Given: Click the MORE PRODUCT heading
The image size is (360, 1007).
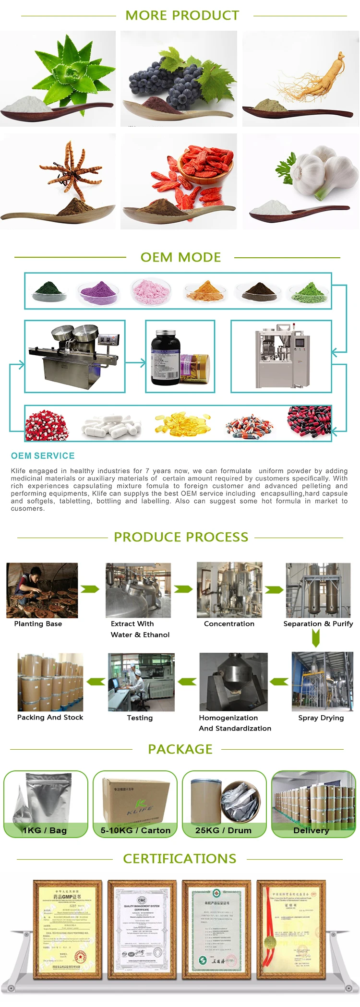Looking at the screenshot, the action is (182, 15).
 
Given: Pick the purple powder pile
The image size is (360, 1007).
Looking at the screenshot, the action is (98, 292).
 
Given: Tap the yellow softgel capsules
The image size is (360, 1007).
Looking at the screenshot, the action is (182, 423).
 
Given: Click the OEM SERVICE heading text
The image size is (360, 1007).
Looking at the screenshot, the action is (43, 456).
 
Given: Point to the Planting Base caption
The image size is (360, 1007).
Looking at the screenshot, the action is (38, 623).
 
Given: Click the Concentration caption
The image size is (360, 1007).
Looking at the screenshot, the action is (229, 623).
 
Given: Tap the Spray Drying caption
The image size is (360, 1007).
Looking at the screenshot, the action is (321, 718).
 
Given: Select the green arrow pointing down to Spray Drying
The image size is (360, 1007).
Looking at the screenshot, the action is (315, 638).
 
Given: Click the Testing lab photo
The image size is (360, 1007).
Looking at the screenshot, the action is (141, 682).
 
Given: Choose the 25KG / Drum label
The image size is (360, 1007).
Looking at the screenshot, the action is (223, 830).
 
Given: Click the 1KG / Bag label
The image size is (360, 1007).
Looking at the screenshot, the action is (45, 830).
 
